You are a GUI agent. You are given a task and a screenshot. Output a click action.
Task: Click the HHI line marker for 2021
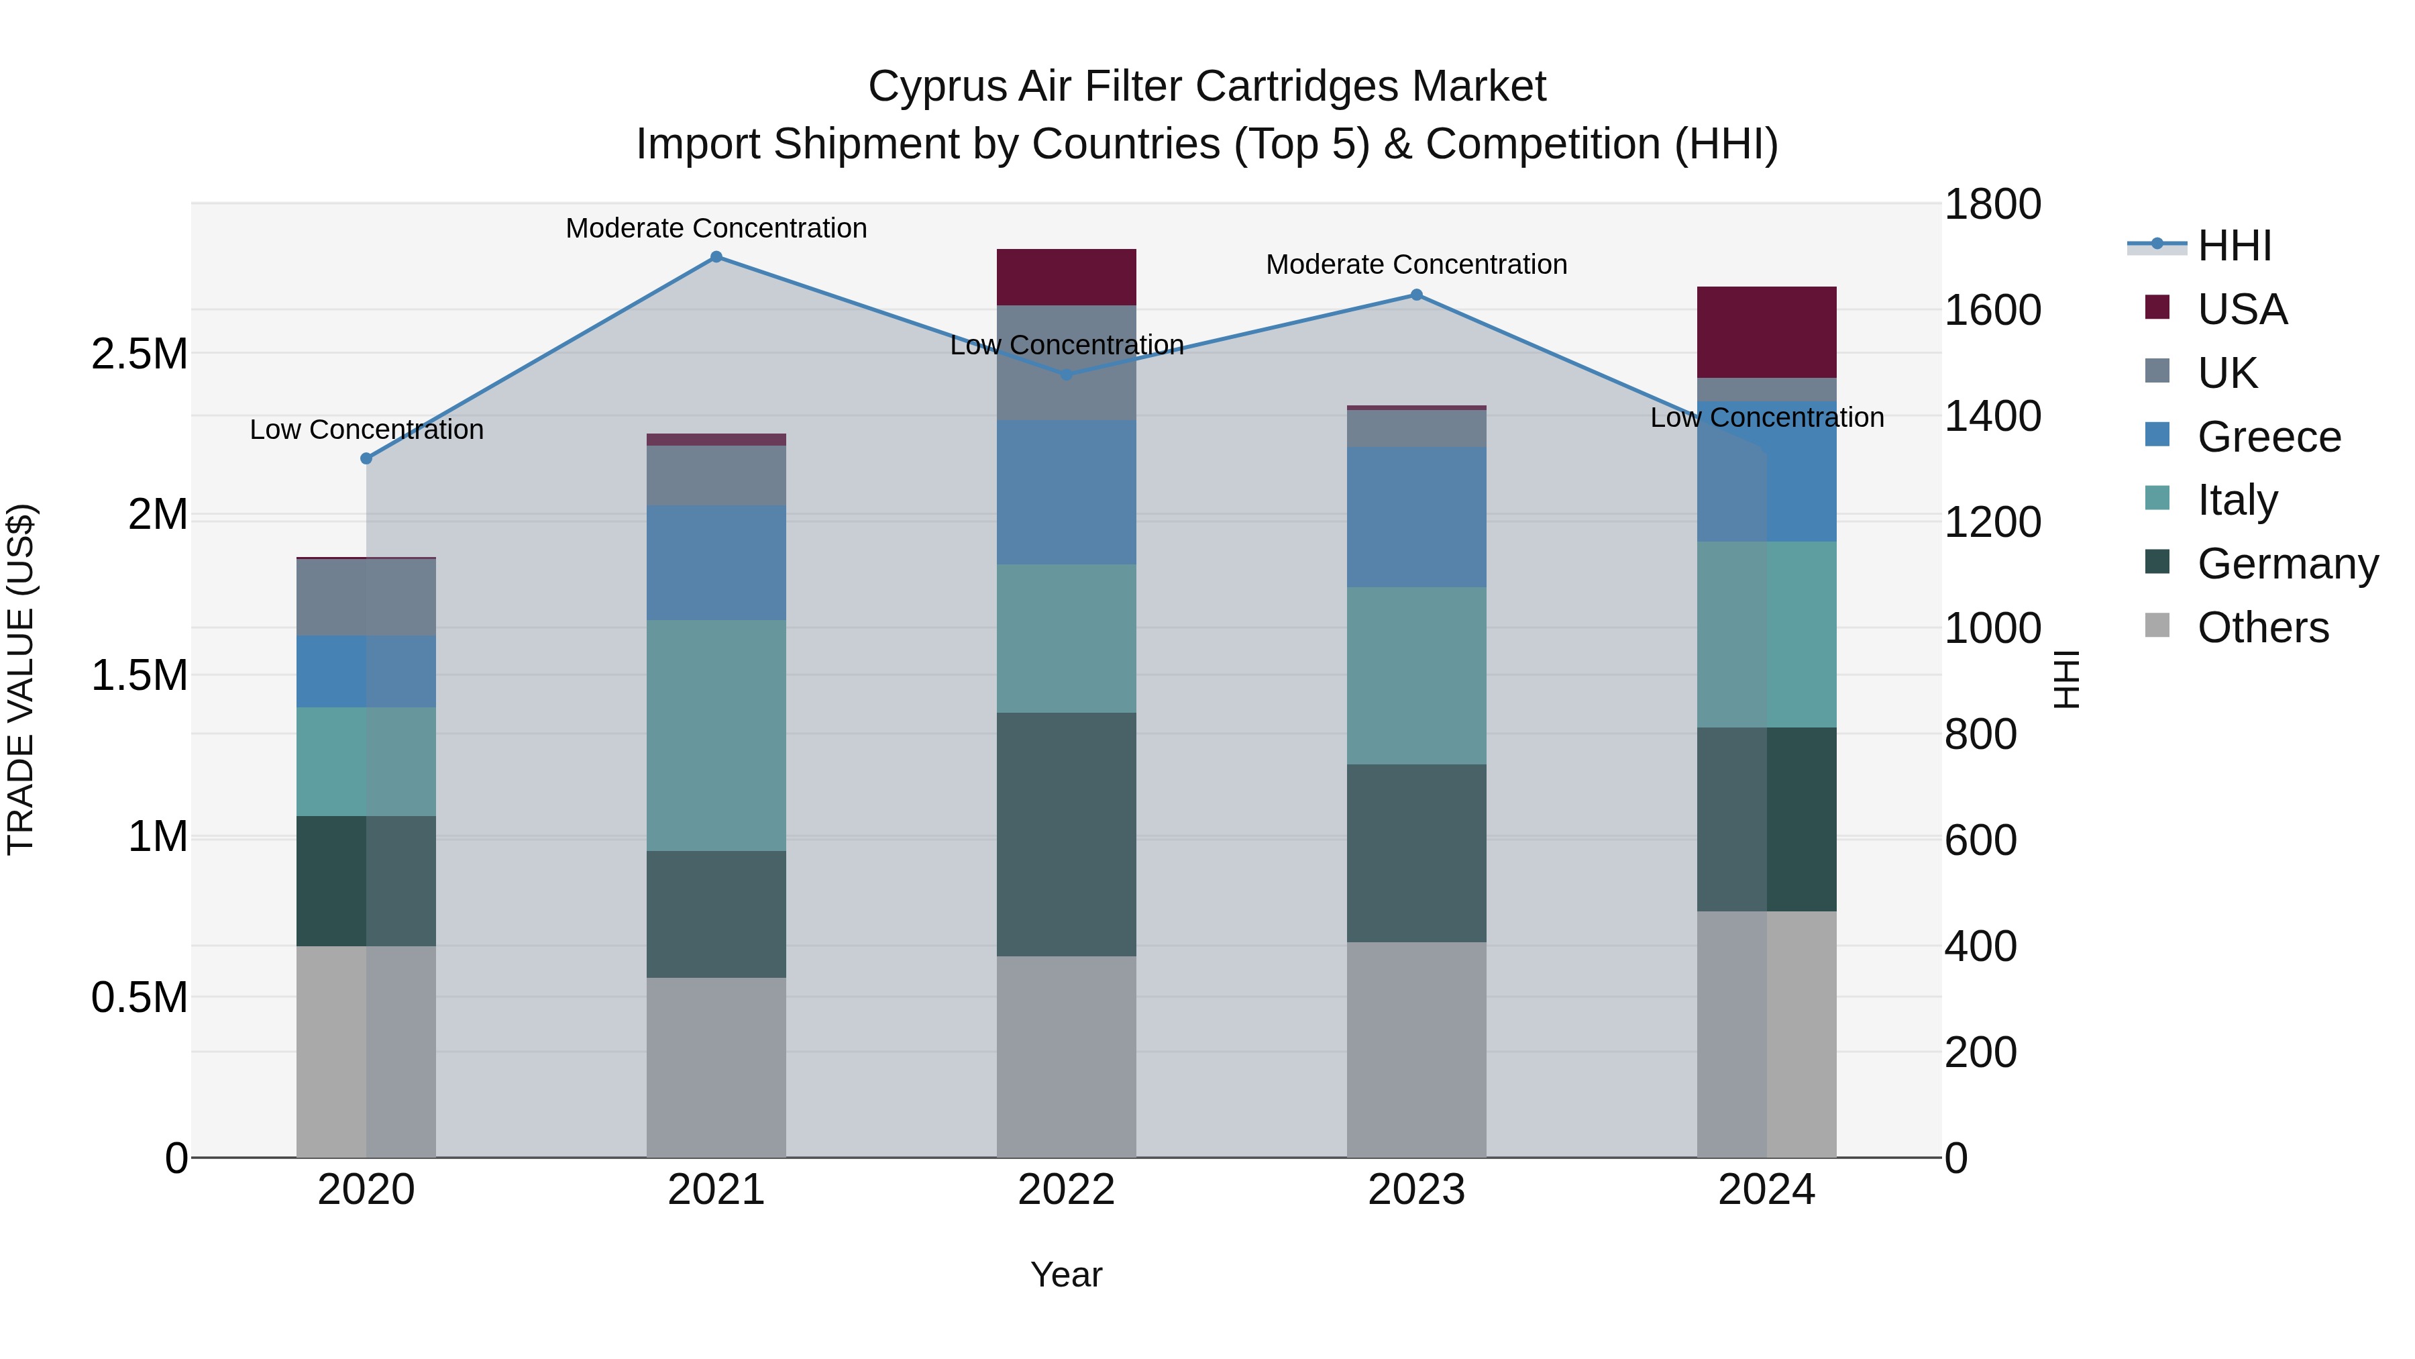[x=716, y=257]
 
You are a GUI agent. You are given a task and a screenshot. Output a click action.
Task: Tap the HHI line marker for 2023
[x=1417, y=295]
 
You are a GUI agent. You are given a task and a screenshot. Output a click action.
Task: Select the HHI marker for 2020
[x=366, y=458]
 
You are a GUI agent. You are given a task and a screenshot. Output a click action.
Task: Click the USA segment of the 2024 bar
[x=1766, y=332]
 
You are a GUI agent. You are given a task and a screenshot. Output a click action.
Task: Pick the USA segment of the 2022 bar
[x=1066, y=278]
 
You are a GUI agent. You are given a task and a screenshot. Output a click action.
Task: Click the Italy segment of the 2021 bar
[x=716, y=736]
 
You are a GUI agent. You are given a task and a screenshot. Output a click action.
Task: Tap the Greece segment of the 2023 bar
[x=1417, y=517]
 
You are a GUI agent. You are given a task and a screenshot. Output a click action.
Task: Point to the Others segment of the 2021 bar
[x=716, y=1067]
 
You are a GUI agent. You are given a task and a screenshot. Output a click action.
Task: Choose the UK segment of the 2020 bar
[x=366, y=597]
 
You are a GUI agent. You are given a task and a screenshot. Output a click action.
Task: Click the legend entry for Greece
[x=2268, y=437]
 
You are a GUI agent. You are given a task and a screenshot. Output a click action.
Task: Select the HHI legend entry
[x=2233, y=246]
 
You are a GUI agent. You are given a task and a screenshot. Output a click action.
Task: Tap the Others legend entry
[x=2261, y=627]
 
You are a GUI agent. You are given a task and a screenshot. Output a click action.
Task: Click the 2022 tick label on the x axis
[x=1066, y=1190]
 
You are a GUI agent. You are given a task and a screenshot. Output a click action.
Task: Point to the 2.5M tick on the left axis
[x=140, y=354]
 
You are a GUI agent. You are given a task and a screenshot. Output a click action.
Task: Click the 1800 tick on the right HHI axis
[x=1992, y=205]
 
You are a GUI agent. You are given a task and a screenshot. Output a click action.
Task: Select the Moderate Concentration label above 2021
[x=716, y=229]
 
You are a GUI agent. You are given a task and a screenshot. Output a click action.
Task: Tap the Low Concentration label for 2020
[x=366, y=430]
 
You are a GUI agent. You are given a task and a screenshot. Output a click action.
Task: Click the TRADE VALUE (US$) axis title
[x=21, y=679]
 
